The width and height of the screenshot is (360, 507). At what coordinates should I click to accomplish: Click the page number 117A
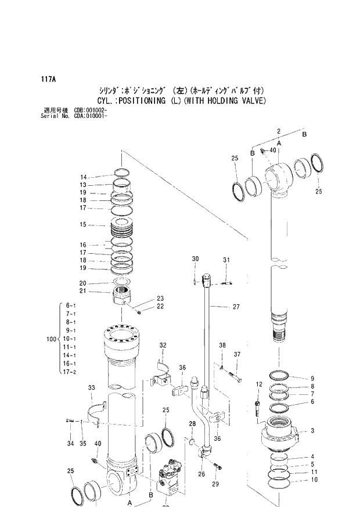pyautogui.click(x=48, y=78)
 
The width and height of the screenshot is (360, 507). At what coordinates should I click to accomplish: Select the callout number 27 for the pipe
pyautogui.click(x=236, y=307)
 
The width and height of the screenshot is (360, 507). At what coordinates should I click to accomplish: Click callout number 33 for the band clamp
pyautogui.click(x=91, y=387)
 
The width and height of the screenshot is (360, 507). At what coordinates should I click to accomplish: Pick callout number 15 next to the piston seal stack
pyautogui.click(x=83, y=225)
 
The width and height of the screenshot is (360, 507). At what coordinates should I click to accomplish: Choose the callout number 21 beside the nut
pyautogui.click(x=83, y=291)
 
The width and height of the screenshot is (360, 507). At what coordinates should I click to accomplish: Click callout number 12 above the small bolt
pyautogui.click(x=259, y=384)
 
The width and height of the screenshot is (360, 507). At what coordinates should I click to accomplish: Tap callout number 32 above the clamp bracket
pyautogui.click(x=163, y=346)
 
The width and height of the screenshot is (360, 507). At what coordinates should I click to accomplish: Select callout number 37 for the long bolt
pyautogui.click(x=237, y=354)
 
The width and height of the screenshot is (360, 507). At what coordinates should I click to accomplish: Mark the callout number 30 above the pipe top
pyautogui.click(x=195, y=259)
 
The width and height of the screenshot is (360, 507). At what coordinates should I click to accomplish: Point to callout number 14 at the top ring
pyautogui.click(x=83, y=177)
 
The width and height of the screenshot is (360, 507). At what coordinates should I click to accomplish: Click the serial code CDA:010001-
pyautogui.click(x=89, y=116)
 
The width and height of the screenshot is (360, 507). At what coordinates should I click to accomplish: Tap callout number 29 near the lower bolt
pyautogui.click(x=216, y=484)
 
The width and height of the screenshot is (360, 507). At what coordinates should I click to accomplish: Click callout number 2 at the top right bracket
pyautogui.click(x=279, y=131)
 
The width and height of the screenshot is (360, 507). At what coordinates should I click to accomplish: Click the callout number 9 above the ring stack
pyautogui.click(x=312, y=378)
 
